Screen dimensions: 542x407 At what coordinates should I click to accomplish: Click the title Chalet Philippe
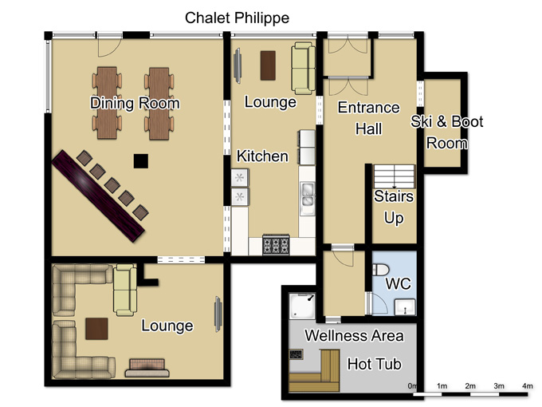[238, 18]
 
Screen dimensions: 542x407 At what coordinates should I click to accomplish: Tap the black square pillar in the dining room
[141, 161]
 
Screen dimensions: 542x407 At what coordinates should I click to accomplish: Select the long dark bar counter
[98, 196]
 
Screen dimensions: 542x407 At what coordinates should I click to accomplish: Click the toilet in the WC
[380, 270]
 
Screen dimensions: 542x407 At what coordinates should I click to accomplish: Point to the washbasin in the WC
[405, 307]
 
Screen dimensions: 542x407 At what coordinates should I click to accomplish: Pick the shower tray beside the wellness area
[302, 306]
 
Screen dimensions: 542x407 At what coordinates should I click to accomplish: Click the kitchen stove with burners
[276, 245]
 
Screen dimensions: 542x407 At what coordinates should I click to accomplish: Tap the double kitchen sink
[307, 196]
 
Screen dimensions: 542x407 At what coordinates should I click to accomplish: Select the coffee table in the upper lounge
[268, 65]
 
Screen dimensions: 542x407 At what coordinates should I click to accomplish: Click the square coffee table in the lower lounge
[96, 329]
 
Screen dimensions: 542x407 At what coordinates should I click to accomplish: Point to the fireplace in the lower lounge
[147, 368]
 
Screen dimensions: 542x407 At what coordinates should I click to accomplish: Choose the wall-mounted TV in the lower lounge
[218, 314]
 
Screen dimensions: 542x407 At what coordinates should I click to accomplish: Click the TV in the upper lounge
[238, 65]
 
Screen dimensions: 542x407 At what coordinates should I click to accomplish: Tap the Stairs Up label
[394, 207]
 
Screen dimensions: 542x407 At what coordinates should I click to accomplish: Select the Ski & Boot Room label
[446, 132]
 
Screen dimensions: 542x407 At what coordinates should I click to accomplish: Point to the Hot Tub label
[375, 364]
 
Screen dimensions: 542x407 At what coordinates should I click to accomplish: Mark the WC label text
[399, 284]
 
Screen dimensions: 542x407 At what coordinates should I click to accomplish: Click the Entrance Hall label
[369, 118]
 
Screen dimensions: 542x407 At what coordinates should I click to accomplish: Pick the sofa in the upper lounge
[303, 69]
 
